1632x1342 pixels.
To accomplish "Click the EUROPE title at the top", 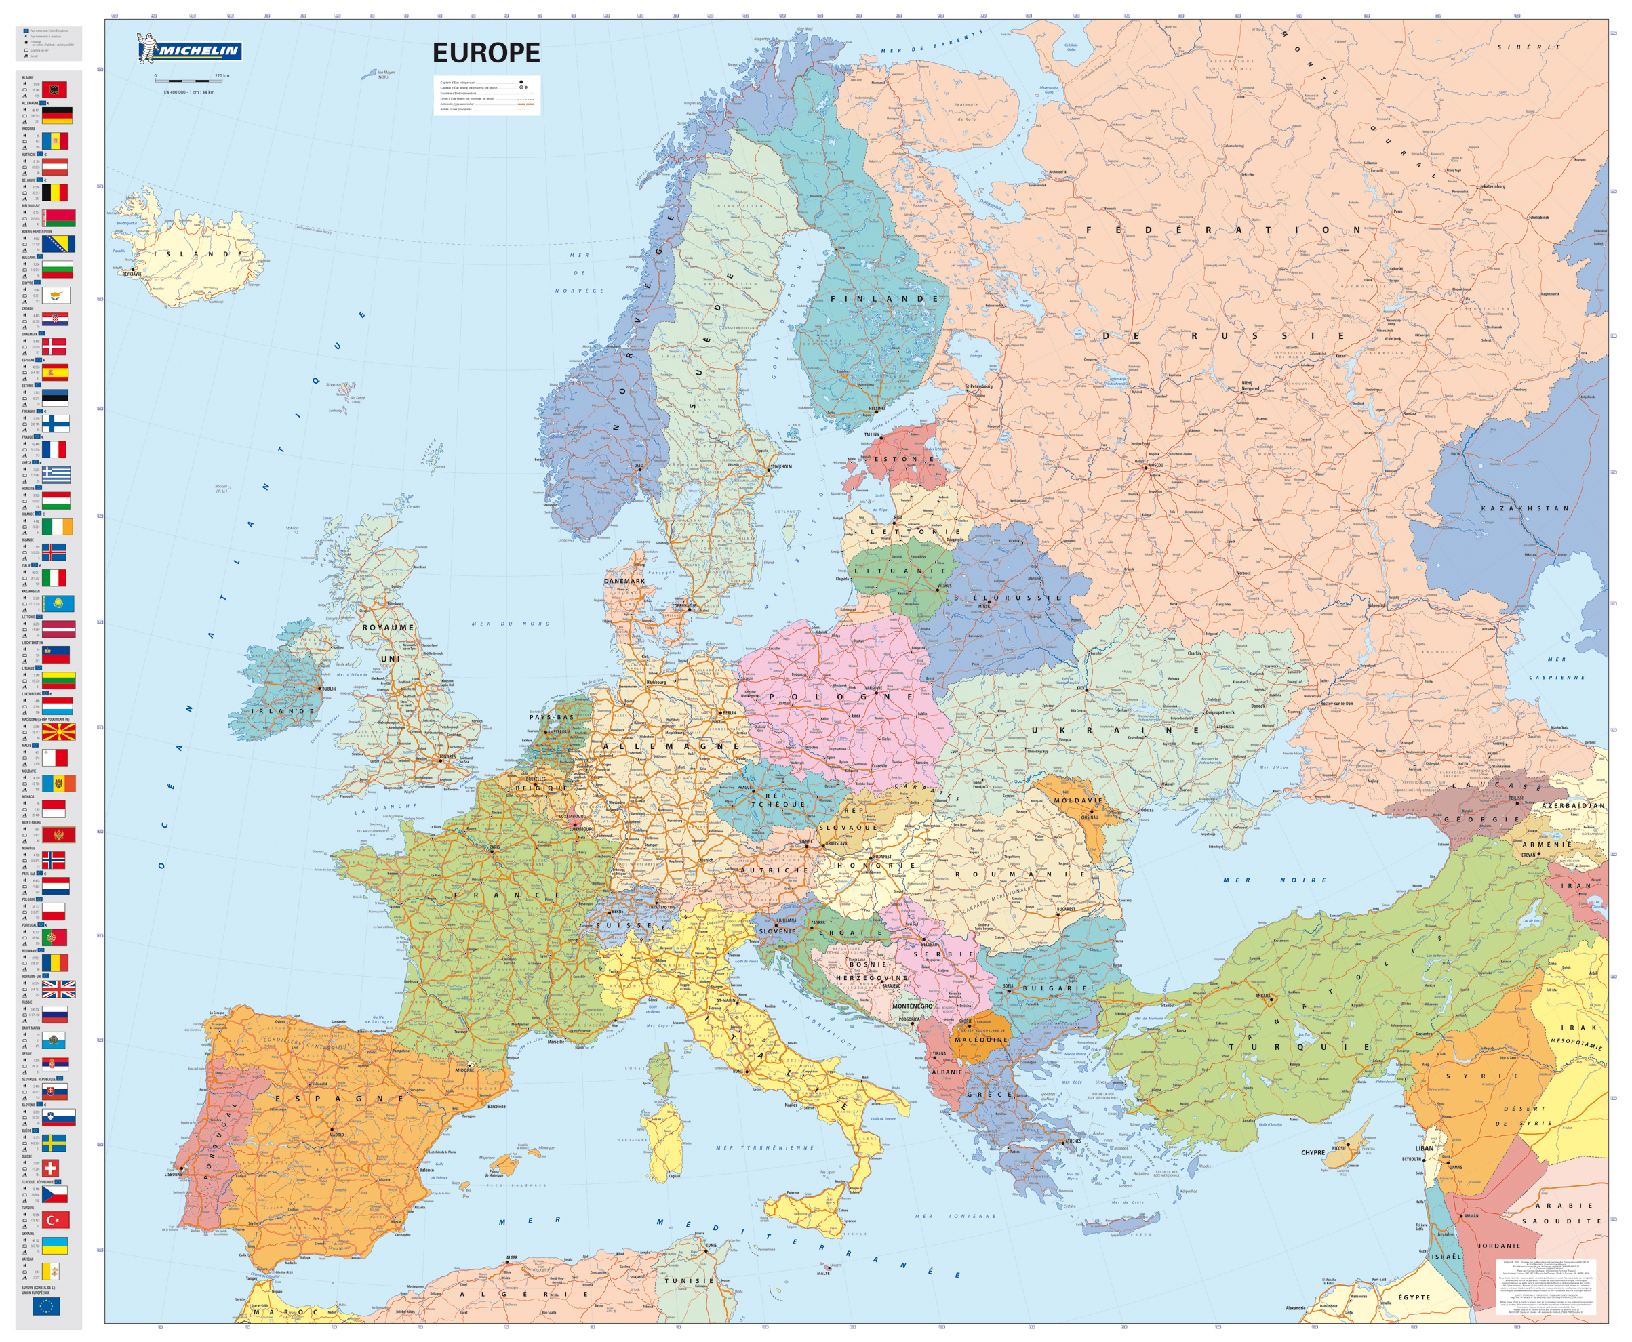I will [x=485, y=53].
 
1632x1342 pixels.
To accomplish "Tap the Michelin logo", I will [x=189, y=50].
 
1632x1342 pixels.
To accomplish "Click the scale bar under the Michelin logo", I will [x=185, y=81].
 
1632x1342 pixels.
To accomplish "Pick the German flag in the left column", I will [x=56, y=115].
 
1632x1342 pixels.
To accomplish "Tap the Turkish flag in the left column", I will [x=55, y=1220].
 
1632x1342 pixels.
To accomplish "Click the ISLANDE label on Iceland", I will [x=197, y=254].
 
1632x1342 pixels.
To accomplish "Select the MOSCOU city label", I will [x=1155, y=466].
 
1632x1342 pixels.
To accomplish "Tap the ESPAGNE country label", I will [x=340, y=1099].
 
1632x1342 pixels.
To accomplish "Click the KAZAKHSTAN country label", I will [x=1524, y=508].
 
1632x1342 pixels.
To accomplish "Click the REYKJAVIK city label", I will [x=132, y=274].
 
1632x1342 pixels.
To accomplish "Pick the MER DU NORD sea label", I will [x=511, y=624].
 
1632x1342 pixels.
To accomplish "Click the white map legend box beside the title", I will [x=487, y=96].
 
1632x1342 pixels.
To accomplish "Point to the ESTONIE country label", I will [x=903, y=458].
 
